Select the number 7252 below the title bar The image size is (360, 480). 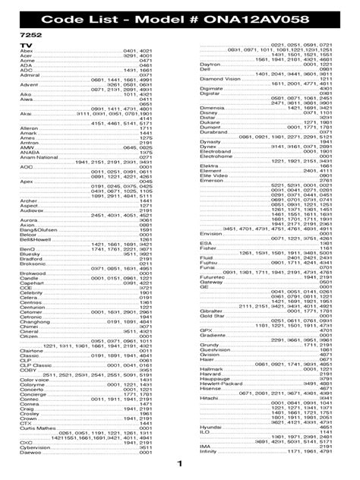[28, 36]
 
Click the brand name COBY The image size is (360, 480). [27, 370]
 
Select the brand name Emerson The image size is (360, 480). [210, 179]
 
